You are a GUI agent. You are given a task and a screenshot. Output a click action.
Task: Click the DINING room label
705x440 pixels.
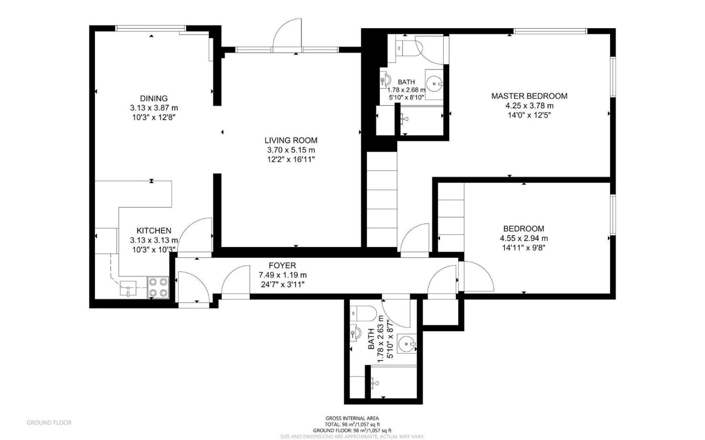click(154, 98)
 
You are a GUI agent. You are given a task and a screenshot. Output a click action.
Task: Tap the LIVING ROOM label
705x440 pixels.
click(291, 140)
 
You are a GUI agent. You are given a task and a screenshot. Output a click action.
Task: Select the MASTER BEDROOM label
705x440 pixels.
click(529, 96)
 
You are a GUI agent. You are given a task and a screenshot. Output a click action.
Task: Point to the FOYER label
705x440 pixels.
click(282, 266)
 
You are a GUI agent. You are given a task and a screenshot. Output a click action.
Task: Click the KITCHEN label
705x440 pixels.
click(154, 230)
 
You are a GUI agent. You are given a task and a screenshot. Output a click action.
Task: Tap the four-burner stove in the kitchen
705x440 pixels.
click(158, 288)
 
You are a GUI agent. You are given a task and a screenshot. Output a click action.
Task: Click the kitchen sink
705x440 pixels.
click(128, 288)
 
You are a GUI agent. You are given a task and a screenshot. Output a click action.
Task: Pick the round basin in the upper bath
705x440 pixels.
click(434, 83)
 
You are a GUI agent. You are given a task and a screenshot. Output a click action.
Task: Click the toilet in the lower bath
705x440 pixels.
click(362, 313)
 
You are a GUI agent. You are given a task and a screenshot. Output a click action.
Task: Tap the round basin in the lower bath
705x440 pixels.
click(406, 343)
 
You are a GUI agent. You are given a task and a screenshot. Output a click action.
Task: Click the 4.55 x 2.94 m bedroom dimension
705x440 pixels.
click(524, 238)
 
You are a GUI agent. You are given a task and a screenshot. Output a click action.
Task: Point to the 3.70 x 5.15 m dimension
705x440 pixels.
click(291, 150)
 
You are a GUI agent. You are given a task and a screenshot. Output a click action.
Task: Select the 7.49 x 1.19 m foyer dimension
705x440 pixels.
click(282, 275)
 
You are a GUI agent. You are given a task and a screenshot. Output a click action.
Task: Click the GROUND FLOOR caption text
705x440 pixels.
click(49, 422)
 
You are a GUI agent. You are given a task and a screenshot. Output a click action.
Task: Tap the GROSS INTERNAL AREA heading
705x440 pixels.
click(352, 418)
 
